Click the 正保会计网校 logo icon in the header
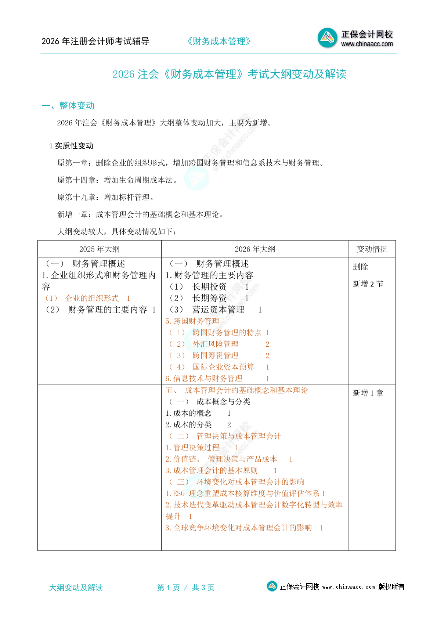pos(327,38)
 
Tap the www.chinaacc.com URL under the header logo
pos(367,44)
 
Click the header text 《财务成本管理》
pos(219,41)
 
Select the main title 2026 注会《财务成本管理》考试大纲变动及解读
pos(229,74)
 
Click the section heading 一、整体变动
pos(68,106)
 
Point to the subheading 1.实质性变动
pos(71,146)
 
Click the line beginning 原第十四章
pos(118,180)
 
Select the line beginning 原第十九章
pos(106,197)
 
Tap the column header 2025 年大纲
pos(99,249)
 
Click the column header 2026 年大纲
pos(255,249)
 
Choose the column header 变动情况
pos(372,249)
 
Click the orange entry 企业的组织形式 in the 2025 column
pos(92,298)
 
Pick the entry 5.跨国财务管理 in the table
pos(192,321)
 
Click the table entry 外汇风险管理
pos(216,344)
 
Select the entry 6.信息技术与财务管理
pos(204,378)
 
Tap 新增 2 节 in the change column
pos(368,284)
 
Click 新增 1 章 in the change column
pos(368,393)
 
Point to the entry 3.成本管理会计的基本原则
pos(212,470)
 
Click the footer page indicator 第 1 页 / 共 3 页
pos(186,588)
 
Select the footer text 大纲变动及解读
pos(76,588)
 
